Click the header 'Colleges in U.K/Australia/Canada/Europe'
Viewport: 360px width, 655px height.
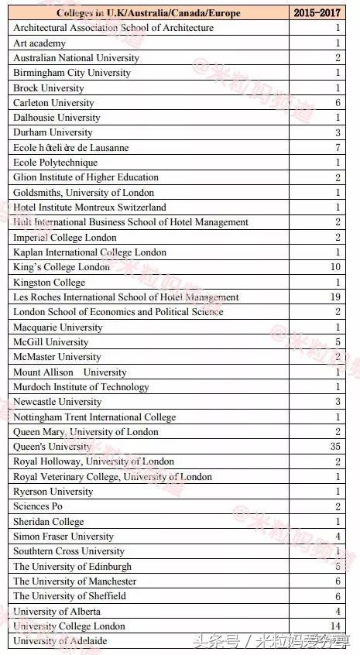point(148,13)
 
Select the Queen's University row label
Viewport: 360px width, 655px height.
point(52,447)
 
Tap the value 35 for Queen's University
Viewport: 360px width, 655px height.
point(335,447)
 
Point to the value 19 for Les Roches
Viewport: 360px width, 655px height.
point(335,297)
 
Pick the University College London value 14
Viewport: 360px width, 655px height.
point(335,626)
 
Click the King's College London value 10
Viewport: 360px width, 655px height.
point(335,267)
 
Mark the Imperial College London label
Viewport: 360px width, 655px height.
point(65,238)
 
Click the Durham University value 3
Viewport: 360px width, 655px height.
point(338,132)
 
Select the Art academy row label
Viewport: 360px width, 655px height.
point(39,43)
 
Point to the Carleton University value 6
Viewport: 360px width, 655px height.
point(338,103)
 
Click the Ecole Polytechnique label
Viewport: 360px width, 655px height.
point(55,163)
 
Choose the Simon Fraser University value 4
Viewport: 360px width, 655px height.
point(338,537)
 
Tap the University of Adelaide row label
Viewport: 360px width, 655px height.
point(60,641)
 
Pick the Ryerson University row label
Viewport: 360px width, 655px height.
point(53,492)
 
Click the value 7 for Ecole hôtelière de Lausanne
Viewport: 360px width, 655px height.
point(338,148)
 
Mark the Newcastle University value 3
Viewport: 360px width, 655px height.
point(338,402)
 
